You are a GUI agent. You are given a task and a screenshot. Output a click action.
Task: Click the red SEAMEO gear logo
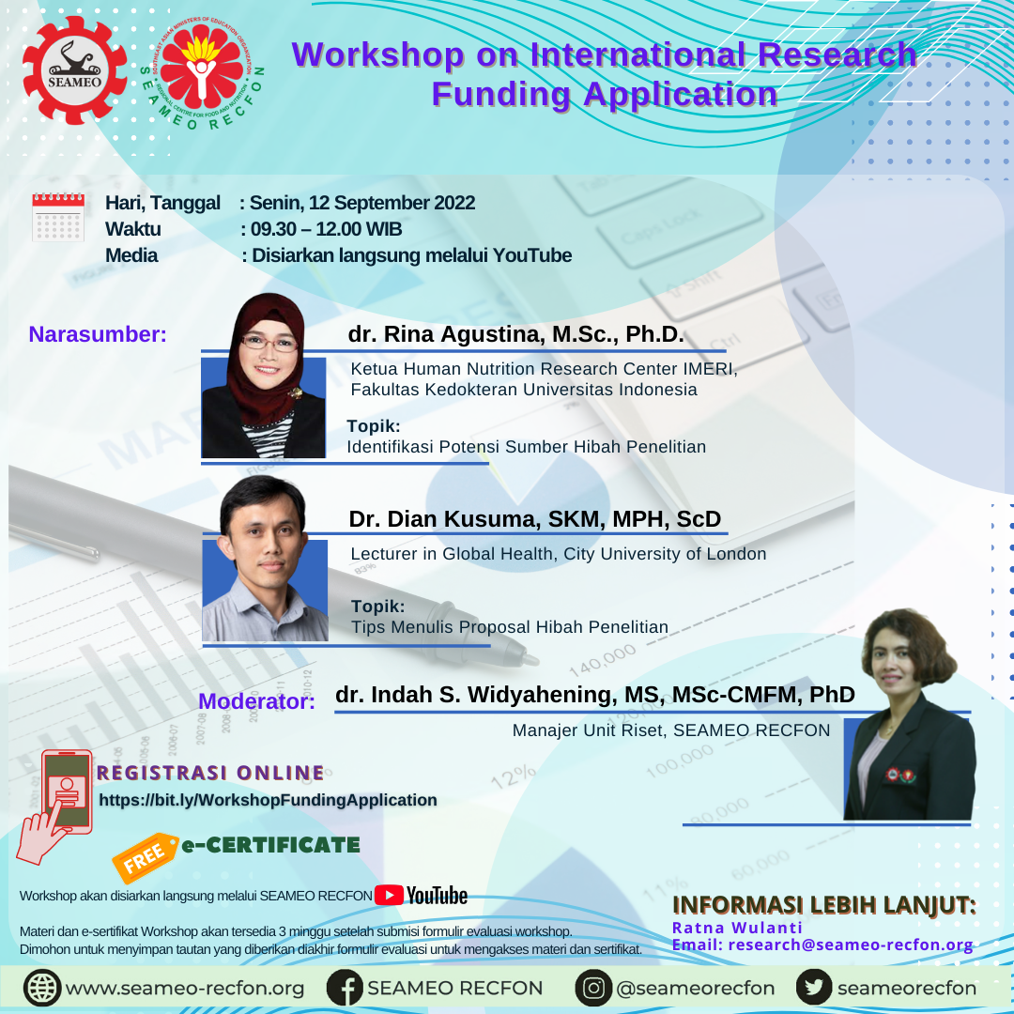(75, 69)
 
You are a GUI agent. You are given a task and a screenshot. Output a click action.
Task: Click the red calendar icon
(58, 217)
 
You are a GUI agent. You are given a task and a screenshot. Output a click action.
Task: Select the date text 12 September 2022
(392, 203)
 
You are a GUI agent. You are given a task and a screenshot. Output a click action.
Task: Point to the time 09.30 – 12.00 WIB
(326, 229)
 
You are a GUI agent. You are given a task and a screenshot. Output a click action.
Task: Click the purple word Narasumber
(98, 334)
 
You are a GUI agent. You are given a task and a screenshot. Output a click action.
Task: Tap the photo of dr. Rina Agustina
(264, 376)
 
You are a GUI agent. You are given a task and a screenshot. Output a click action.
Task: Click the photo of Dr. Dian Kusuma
(265, 559)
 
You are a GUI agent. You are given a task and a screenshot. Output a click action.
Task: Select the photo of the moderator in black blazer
(909, 714)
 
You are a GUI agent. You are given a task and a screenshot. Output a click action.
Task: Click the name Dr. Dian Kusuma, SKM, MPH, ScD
(535, 518)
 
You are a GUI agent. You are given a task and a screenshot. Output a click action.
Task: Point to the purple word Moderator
(256, 701)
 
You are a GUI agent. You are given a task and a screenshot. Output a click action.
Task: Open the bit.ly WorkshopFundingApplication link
(268, 800)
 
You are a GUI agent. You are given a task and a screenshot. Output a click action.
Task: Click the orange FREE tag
(145, 857)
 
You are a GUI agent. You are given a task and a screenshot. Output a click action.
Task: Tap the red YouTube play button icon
(390, 895)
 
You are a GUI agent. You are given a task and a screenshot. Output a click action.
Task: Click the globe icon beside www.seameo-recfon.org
(42, 988)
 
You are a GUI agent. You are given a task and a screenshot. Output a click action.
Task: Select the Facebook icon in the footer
(345, 988)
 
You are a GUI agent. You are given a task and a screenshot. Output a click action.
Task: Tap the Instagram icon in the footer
(593, 988)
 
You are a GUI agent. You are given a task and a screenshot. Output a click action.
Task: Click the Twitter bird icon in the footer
(814, 988)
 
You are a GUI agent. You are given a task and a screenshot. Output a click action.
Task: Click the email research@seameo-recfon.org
(851, 945)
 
